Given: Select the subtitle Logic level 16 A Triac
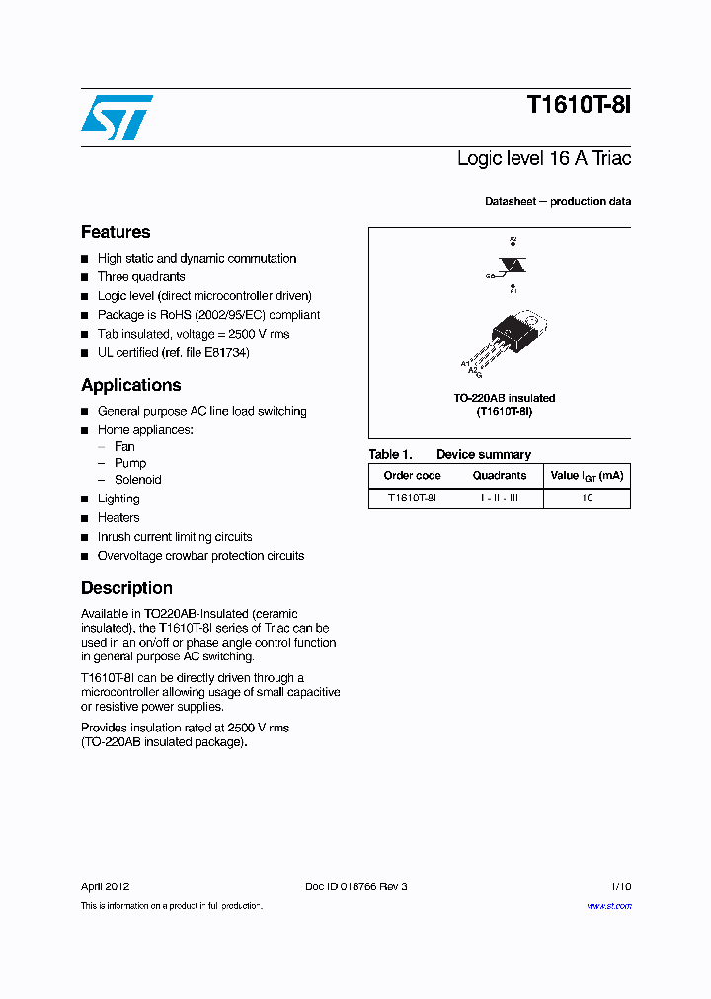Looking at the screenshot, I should point(544,158).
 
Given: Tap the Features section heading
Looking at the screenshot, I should point(116,232).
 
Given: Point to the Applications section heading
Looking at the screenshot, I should point(130,385).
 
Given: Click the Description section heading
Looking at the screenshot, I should point(126,588).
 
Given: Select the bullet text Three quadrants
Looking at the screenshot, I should point(141,277).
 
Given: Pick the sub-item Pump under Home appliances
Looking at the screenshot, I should point(130,463).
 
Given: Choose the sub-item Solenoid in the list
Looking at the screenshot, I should point(137,480).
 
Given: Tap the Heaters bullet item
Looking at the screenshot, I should point(118,518).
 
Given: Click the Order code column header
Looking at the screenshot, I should point(412,476).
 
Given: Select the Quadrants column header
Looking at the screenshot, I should point(499,476).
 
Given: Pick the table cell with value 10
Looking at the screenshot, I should point(587,499).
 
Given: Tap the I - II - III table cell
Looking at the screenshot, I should point(499,499).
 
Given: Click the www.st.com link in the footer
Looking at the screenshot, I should point(608,906).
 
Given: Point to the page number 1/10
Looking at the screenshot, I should point(621,886).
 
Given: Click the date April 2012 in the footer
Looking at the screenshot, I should point(105,886).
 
